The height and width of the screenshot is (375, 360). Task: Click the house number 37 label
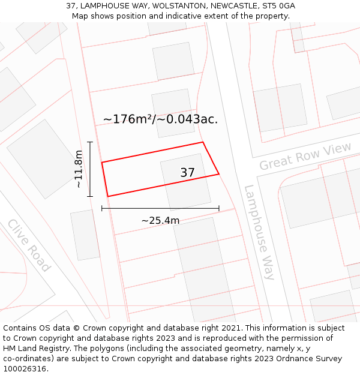pyautogui.click(x=187, y=173)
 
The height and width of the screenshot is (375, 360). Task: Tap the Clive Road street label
pyautogui.click(x=29, y=245)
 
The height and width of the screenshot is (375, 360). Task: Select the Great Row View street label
pyautogui.click(x=305, y=157)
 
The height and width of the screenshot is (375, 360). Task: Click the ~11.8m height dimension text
pyautogui.click(x=79, y=169)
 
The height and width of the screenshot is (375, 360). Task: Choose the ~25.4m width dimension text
pyautogui.click(x=160, y=220)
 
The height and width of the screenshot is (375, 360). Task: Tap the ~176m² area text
pyautogui.click(x=128, y=119)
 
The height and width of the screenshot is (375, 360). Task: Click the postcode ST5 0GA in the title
pyautogui.click(x=279, y=6)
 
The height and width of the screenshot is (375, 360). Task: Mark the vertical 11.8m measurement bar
pyautogui.click(x=90, y=169)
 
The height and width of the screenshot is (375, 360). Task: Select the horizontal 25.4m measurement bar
pyautogui.click(x=160, y=208)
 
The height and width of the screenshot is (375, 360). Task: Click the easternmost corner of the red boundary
pyautogui.click(x=219, y=174)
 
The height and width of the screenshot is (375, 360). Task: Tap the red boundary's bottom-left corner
pyautogui.click(x=108, y=196)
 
